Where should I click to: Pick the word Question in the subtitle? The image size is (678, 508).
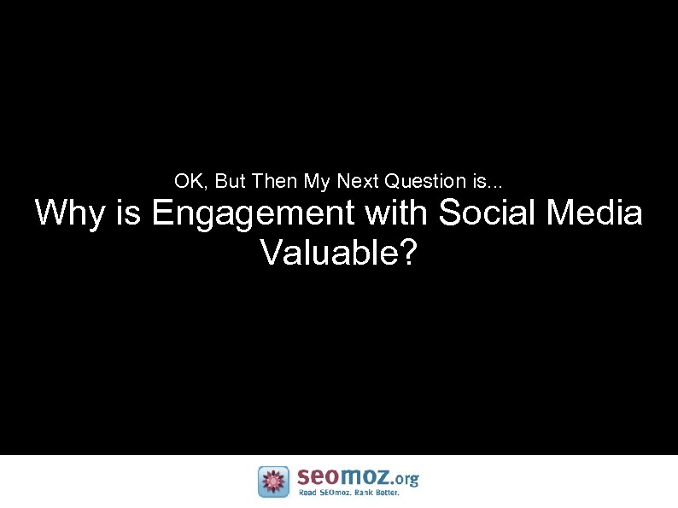tap(424, 181)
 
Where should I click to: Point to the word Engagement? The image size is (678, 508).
tap(254, 214)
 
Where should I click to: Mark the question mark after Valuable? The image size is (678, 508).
tap(408, 252)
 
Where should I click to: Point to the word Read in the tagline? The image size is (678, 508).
tap(307, 493)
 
